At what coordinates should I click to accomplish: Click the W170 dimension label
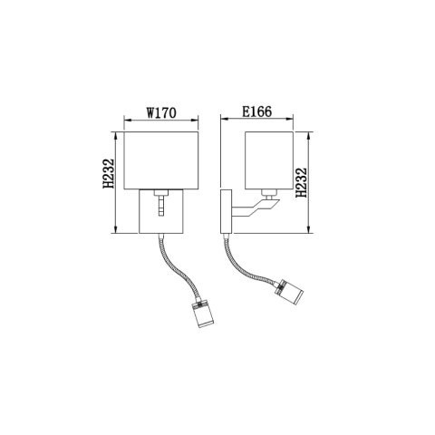click(160, 115)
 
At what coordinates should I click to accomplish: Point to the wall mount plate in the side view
click(225, 211)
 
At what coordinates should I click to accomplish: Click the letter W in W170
click(150, 115)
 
